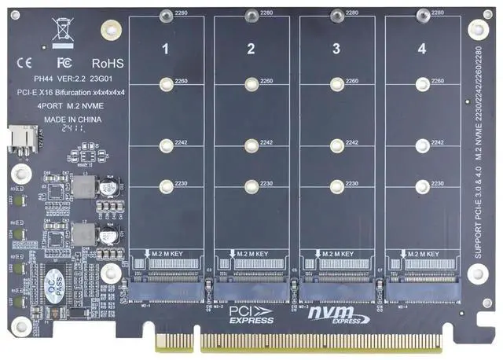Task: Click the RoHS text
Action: (108, 61)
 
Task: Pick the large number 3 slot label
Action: (336, 49)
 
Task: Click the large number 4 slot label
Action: (421, 49)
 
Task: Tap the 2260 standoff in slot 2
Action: (251, 82)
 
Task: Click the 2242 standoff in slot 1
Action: (166, 145)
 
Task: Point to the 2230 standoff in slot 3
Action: (336, 186)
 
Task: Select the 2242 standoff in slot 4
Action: (422, 145)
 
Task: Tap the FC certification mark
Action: (65, 61)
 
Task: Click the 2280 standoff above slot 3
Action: (336, 13)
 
